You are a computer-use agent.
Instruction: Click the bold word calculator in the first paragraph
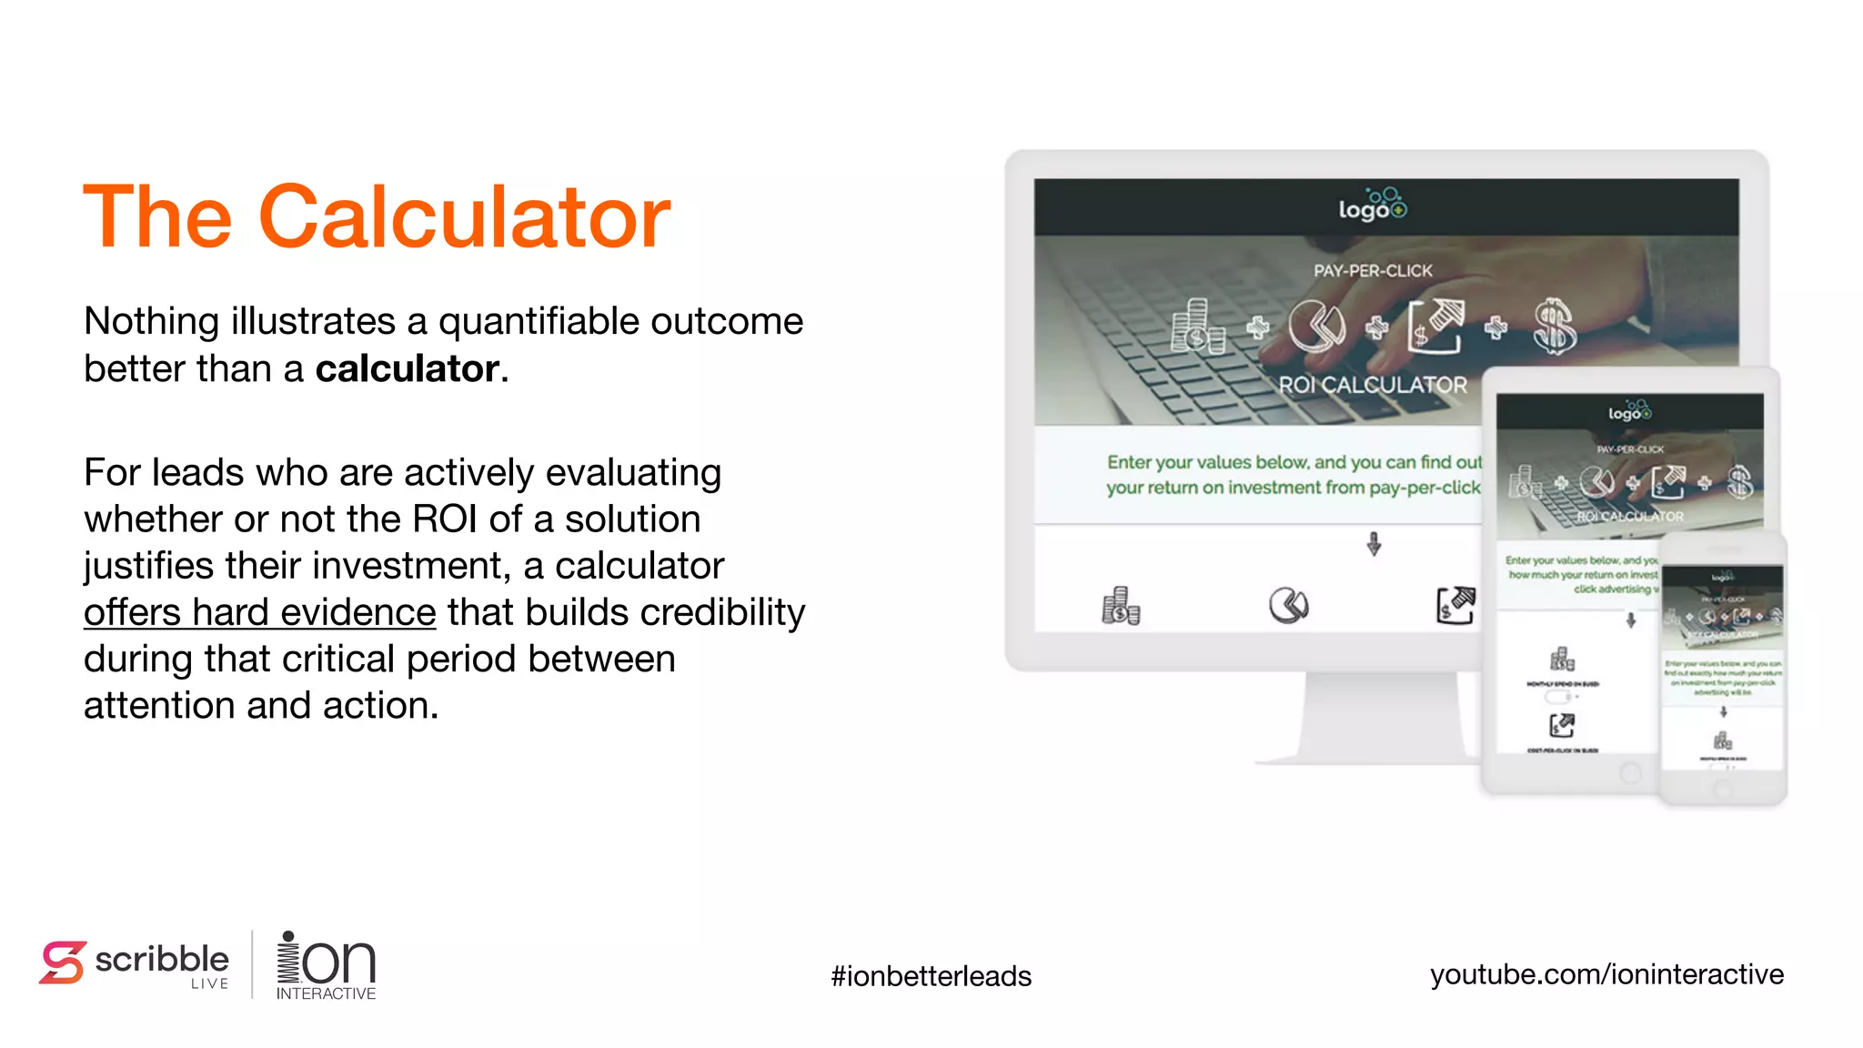[407, 369]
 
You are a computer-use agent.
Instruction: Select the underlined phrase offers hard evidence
[259, 612]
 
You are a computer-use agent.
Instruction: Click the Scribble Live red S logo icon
[62, 962]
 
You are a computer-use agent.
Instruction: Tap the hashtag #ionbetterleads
[931, 976]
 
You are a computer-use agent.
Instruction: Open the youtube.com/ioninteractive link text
[1606, 974]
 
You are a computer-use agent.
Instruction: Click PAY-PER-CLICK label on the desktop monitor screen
[1372, 270]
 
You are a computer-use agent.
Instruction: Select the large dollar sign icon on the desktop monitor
[1554, 327]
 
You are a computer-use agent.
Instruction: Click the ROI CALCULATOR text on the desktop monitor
[1372, 385]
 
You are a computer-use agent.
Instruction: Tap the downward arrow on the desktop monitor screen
[1374, 544]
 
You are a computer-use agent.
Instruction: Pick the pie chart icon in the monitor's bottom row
[1288, 605]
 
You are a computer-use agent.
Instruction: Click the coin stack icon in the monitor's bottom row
[1121, 606]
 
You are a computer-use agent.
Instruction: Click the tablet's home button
[1630, 773]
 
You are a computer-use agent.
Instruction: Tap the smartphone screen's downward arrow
[1723, 711]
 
